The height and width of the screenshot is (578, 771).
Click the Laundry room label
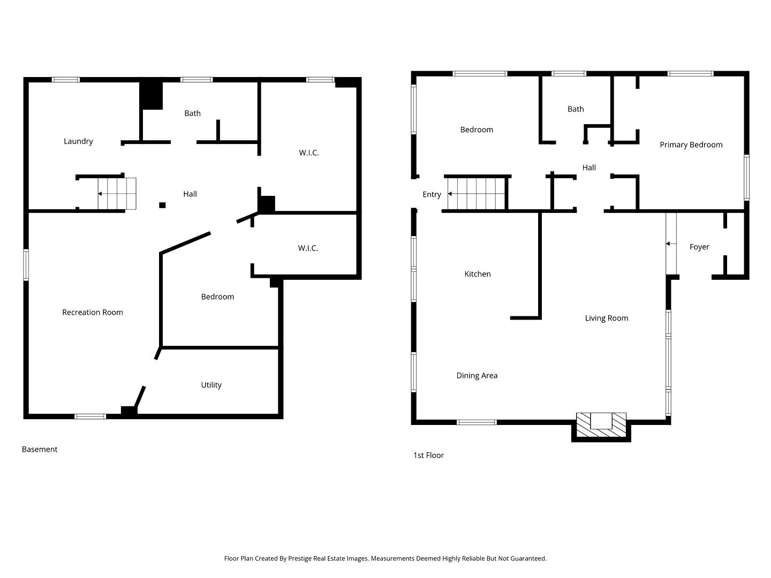click(78, 141)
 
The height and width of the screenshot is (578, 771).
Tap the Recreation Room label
click(93, 313)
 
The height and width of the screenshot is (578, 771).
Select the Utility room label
click(211, 385)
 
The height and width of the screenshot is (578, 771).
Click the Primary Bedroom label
click(691, 145)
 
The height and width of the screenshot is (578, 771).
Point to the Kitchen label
click(478, 274)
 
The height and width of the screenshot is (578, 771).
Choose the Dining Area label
click(477, 376)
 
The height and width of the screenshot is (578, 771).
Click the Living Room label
click(606, 318)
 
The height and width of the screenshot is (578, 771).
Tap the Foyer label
click(699, 247)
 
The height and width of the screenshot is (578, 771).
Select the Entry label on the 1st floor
click(432, 194)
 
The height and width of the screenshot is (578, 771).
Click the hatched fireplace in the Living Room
click(601, 424)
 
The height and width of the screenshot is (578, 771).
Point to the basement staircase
click(117, 194)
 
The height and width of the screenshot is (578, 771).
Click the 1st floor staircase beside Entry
click(476, 194)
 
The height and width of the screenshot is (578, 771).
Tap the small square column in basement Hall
click(162, 206)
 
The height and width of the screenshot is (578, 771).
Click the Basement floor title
click(40, 449)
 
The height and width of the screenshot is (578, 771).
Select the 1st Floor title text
click(428, 455)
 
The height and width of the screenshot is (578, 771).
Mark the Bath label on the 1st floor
click(576, 109)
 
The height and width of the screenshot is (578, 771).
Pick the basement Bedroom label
click(217, 297)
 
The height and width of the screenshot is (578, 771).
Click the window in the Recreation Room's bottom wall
click(90, 416)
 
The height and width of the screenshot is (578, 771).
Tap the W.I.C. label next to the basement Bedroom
click(308, 248)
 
